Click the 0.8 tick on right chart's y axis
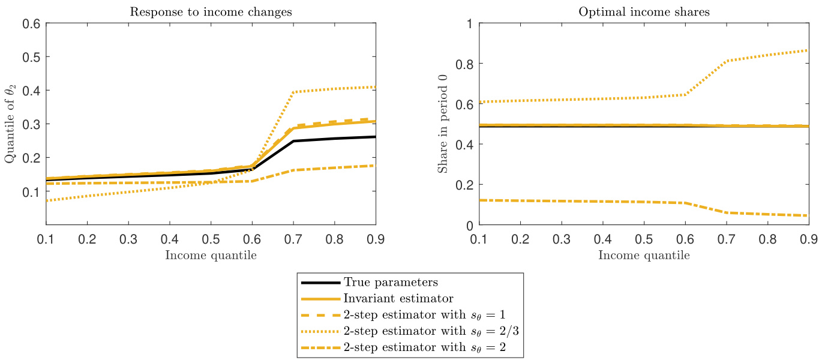tap(463, 64)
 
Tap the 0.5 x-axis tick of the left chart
tap(211, 239)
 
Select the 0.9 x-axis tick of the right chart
tap(809, 239)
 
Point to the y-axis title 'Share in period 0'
tap(442, 124)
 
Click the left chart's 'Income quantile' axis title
tap(211, 255)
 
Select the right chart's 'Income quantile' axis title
tap(644, 255)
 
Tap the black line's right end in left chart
tap(376, 137)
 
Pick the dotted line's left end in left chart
tap(46, 200)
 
